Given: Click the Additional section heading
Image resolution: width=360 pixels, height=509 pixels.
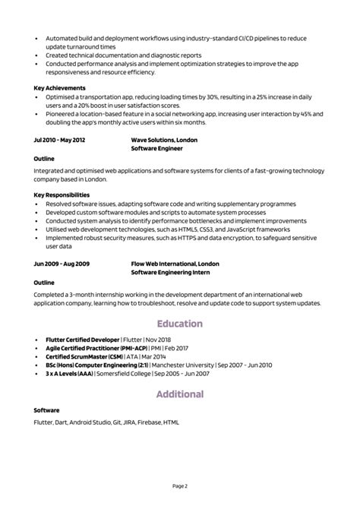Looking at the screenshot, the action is [x=180, y=394].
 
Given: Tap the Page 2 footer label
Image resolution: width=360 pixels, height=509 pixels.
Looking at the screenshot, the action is [x=180, y=485].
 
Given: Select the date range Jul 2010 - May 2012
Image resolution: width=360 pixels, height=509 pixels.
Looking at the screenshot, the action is [x=60, y=141].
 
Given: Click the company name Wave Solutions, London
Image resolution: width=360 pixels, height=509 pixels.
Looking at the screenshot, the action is [x=165, y=141].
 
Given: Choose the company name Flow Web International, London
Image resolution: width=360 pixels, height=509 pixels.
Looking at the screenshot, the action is [x=175, y=264].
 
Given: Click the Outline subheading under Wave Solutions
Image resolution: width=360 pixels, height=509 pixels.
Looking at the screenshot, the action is [x=44, y=159].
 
